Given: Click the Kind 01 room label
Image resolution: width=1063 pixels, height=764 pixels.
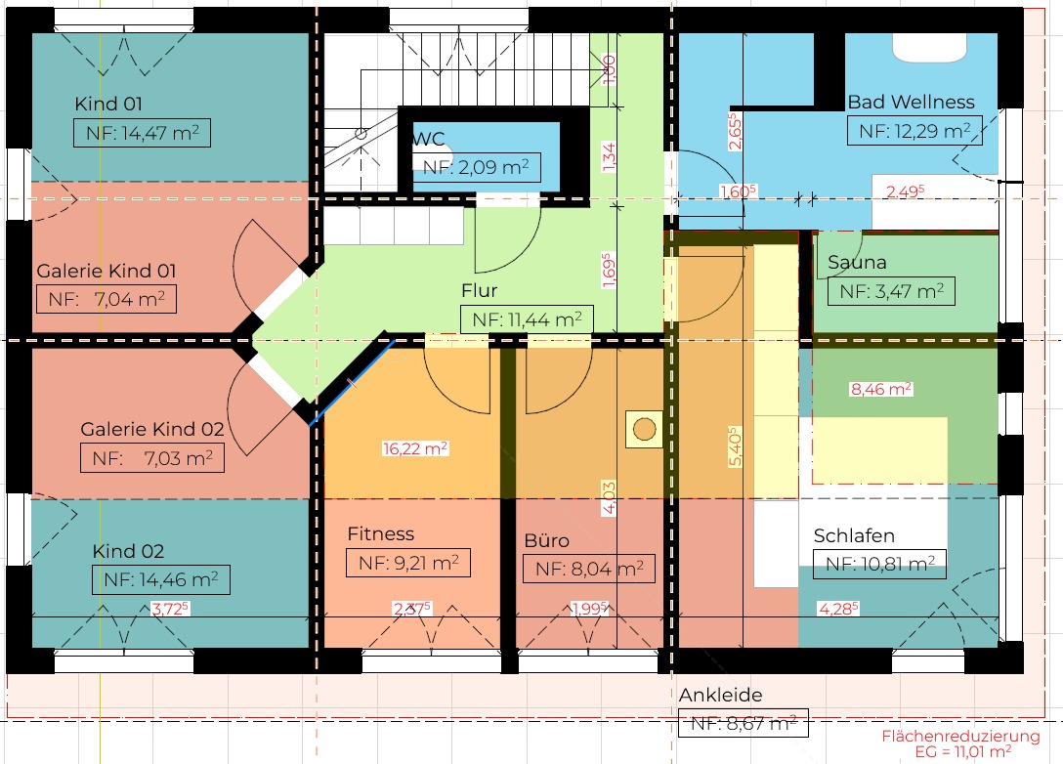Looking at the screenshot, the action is coord(108,104).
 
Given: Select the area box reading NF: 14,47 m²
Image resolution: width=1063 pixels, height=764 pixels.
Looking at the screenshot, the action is coord(142,133).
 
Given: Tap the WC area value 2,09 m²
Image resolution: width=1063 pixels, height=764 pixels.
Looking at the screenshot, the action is coord(492,167).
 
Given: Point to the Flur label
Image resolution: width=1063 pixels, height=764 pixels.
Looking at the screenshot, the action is coord(480,290).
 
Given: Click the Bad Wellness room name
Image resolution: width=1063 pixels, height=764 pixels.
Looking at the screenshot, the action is coord(912,102).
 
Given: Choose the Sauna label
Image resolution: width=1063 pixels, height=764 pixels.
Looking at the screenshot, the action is coord(857,262).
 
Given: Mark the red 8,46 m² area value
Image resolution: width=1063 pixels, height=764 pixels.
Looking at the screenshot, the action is coord(881,389).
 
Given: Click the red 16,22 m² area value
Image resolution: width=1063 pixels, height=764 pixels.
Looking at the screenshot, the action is coord(415,448).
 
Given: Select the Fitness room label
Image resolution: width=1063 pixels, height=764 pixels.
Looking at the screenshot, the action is coord(380,534).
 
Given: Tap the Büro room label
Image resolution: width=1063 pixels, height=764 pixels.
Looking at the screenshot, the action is coord(546,540).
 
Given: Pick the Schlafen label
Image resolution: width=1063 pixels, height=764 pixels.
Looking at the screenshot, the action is coord(854,535).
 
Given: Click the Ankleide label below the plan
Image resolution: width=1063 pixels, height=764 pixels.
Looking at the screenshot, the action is coord(721,695).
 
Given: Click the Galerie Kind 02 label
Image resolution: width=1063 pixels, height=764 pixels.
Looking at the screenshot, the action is coord(151,429).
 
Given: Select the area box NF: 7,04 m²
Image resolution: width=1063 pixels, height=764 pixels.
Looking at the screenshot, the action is coord(106,299).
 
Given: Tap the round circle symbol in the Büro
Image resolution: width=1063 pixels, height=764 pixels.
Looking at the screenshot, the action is coord(644,429).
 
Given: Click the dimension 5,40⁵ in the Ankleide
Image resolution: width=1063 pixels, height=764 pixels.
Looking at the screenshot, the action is coord(735,446).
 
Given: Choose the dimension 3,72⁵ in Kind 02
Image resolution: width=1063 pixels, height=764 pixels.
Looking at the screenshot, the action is coord(170,609).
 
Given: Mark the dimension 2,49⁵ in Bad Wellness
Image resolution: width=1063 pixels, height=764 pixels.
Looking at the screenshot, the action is coord(906,191).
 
